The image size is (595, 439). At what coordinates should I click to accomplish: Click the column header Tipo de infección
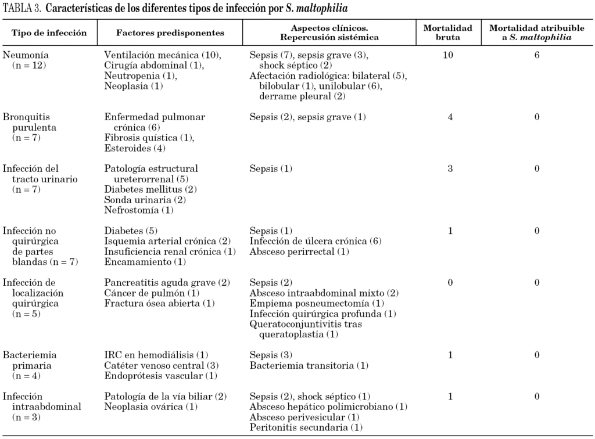pyautogui.click(x=49, y=33)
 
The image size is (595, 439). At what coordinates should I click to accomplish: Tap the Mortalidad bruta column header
pyautogui.click(x=447, y=33)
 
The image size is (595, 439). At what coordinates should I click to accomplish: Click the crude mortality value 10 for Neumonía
pyautogui.click(x=448, y=55)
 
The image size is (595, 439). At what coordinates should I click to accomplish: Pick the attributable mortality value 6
pyautogui.click(x=537, y=55)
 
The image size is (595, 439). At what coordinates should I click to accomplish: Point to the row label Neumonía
pyautogui.click(x=26, y=55)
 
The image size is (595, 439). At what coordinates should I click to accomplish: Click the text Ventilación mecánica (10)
pyautogui.click(x=163, y=55)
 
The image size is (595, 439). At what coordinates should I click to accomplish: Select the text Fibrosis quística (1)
pyautogui.click(x=149, y=138)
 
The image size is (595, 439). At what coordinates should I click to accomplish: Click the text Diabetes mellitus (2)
pyautogui.click(x=150, y=189)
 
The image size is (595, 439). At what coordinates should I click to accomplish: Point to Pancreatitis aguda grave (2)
pyautogui.click(x=167, y=283)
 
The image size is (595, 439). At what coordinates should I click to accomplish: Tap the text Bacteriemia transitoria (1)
pyautogui.click(x=309, y=365)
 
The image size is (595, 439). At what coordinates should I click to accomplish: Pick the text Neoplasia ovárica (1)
pyautogui.click(x=150, y=406)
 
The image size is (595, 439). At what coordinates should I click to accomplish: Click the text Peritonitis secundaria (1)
pyautogui.click(x=306, y=427)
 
